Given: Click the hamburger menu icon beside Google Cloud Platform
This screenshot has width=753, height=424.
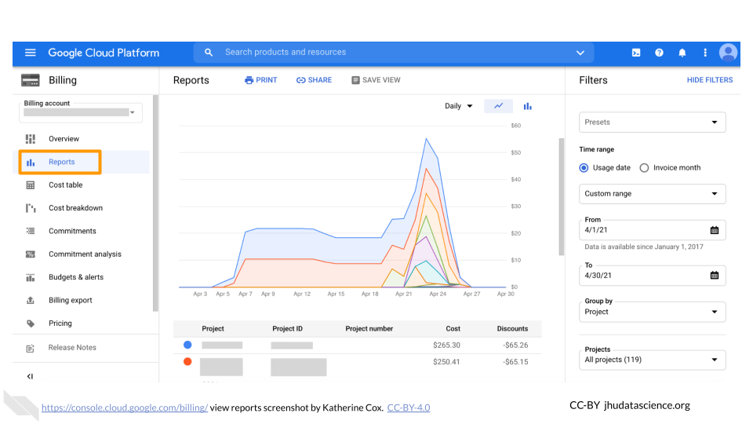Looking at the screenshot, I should click(31, 53).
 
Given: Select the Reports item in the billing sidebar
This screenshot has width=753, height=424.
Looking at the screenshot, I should click(61, 163).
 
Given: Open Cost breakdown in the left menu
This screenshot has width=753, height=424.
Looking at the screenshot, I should click(75, 208).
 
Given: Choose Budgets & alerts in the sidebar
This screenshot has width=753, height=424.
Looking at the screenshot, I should click(75, 277).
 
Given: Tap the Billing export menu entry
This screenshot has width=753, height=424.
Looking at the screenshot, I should click(70, 300).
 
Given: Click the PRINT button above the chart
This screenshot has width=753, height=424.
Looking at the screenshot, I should click(261, 80).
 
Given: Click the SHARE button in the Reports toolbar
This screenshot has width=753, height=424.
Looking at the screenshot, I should click(314, 80).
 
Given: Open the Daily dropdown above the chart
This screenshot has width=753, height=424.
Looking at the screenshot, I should click(459, 106).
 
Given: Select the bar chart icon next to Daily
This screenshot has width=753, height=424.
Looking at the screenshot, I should click(528, 106).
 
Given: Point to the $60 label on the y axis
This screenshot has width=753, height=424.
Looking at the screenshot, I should click(515, 126).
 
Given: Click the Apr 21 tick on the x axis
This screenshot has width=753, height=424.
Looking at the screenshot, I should click(403, 294).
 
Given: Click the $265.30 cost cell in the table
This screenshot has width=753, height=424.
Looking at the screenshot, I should click(446, 345).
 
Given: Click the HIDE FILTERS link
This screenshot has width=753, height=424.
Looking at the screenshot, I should click(709, 80).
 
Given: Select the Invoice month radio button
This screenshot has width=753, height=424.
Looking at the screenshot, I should click(645, 168).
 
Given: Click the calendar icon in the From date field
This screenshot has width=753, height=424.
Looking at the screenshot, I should click(714, 230).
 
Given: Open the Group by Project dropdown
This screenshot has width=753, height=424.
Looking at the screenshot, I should click(652, 312).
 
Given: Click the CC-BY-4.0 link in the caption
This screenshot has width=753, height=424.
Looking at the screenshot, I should click(408, 408).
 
